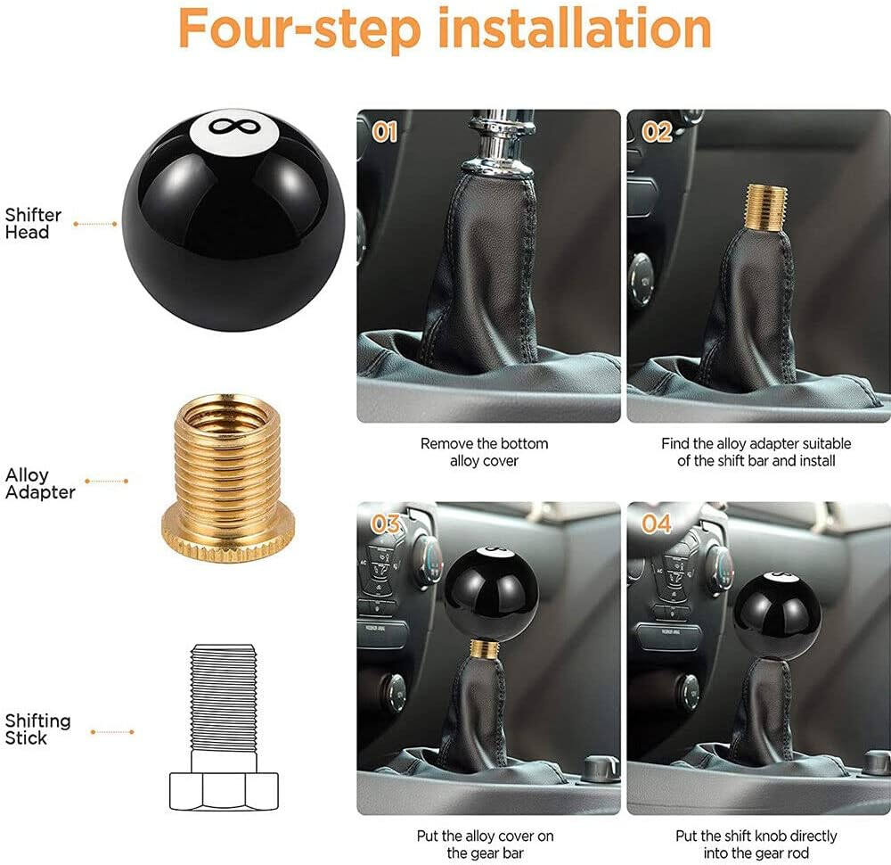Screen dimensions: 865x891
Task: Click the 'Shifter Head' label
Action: [33, 223]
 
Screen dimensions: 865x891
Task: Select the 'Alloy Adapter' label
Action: [40, 483]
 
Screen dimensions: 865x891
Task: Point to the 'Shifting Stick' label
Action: [37, 729]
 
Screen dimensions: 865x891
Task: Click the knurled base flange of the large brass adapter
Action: [224, 536]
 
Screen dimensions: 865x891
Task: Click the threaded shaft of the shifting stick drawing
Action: [224, 696]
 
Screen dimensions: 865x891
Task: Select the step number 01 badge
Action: [384, 133]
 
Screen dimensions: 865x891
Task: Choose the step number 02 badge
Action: [657, 133]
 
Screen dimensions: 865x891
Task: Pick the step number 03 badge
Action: [386, 523]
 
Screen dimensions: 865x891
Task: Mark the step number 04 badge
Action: [657, 523]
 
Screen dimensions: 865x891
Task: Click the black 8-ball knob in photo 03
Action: [492, 592]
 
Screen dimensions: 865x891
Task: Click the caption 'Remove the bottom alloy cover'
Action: [484, 451]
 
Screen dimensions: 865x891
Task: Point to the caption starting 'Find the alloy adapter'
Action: [756, 451]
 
